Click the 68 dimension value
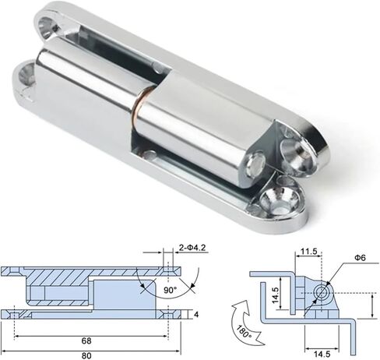coord(86,341)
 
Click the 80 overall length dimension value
coord(86,355)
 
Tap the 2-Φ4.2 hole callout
coord(192,247)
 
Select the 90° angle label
coord(171,290)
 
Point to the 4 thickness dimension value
coord(196,315)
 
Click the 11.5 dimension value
coord(309,252)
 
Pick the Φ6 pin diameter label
coord(360,258)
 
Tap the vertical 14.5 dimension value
coord(275,295)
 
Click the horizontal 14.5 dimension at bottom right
coord(322,354)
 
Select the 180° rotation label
coord(244,331)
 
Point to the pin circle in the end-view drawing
coord(324,293)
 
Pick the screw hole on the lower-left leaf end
coord(25,75)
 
